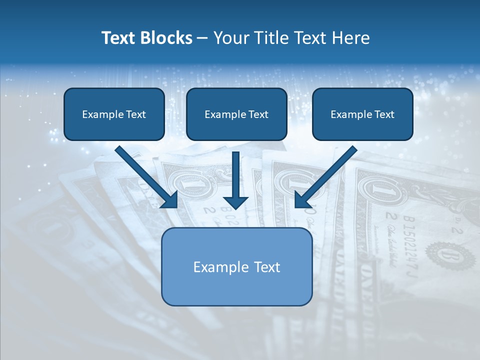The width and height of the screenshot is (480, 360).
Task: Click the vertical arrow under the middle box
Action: click(235, 175)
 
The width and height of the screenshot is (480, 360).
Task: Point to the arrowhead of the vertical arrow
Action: click(235, 202)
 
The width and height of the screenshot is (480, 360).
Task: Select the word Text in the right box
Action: click(384, 114)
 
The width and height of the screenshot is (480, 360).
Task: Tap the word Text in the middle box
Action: click(258, 114)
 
